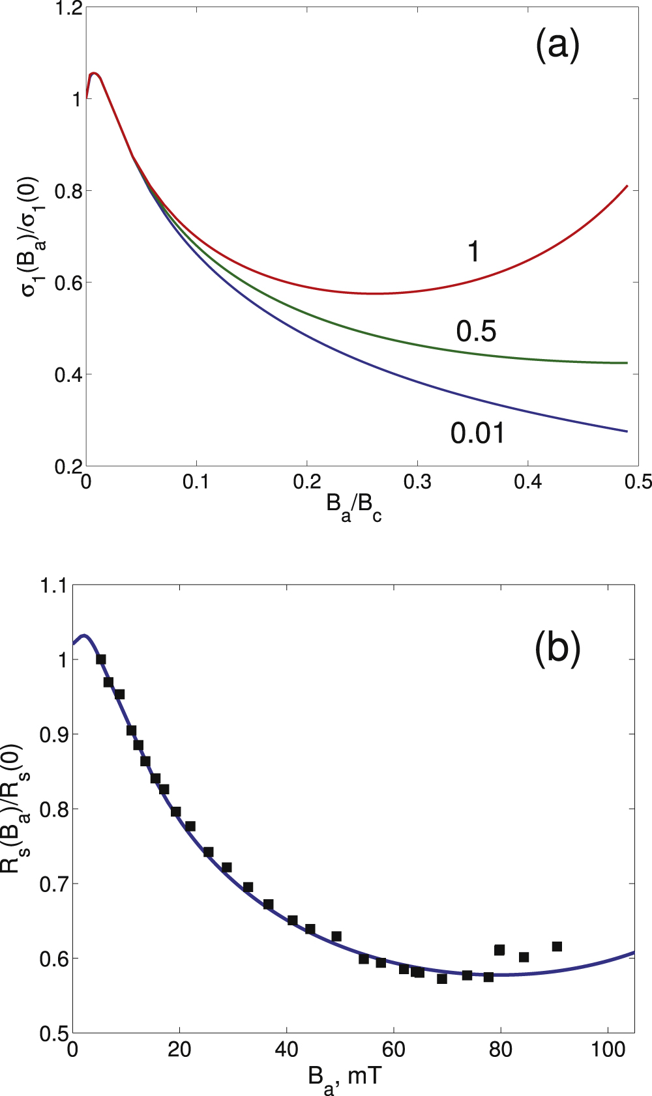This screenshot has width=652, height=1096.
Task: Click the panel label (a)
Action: click(x=557, y=46)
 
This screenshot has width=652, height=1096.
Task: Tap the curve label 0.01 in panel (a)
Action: click(x=478, y=433)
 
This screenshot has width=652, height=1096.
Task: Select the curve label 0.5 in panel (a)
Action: click(x=476, y=332)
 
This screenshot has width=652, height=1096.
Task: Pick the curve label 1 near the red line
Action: click(x=474, y=252)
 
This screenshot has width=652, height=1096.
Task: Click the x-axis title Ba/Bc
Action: click(x=354, y=507)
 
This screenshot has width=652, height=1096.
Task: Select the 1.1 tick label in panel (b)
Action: click(x=53, y=585)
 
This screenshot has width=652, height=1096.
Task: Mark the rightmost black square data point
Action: click(x=557, y=946)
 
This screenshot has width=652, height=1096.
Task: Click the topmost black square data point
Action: click(x=101, y=659)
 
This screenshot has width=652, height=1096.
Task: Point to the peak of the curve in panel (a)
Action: click(x=94, y=73)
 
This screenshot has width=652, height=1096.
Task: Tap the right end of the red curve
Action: click(x=627, y=186)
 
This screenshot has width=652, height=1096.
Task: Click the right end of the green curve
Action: click(x=627, y=363)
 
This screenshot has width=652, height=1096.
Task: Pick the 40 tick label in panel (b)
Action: click(x=286, y=1050)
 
